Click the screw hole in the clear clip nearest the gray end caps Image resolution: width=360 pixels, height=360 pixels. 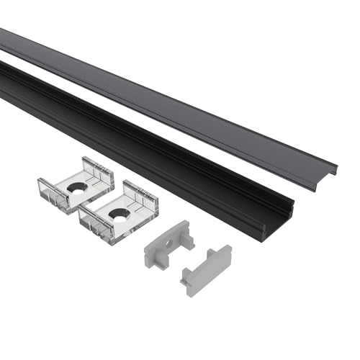pos(117,213)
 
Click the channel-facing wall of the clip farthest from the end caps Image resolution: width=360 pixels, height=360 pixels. pos(96,171)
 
